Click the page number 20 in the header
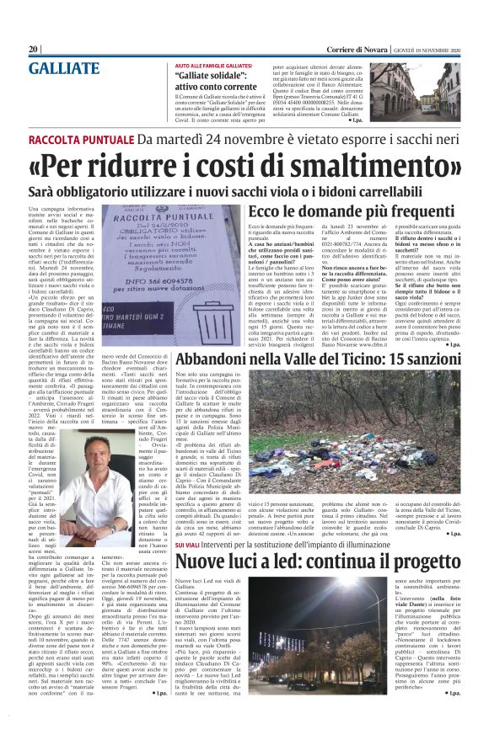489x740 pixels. (34, 50)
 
